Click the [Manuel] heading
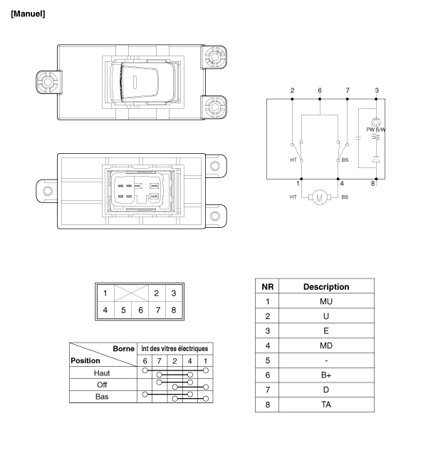(28, 14)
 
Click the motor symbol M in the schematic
(319, 197)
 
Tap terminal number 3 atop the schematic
(376, 90)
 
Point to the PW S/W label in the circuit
(375, 129)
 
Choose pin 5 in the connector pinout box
(123, 310)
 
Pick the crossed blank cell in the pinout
(131, 293)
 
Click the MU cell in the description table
(326, 301)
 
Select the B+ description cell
(326, 375)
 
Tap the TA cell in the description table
(326, 404)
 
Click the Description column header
(326, 286)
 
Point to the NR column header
(268, 286)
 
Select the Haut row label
(102, 373)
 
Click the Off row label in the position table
(102, 385)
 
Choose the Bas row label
(102, 396)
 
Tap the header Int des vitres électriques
(174, 348)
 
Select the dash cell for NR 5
(326, 360)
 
